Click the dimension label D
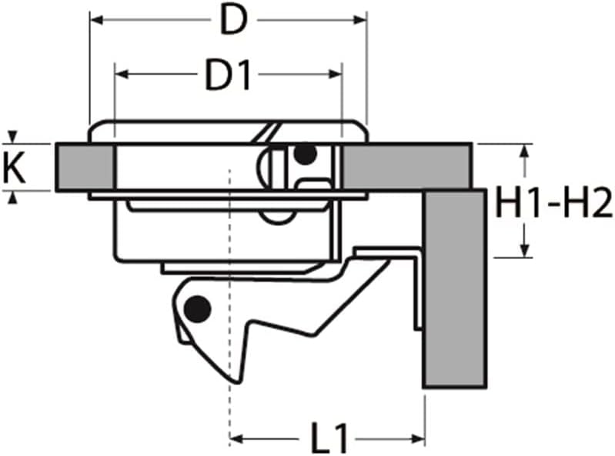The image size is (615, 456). click(x=234, y=20)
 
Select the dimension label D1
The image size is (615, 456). click(x=229, y=76)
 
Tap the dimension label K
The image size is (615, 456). click(x=14, y=168)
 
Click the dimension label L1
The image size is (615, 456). click(x=329, y=438)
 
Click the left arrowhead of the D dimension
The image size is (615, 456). click(x=96, y=19)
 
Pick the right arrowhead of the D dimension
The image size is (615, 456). click(x=359, y=19)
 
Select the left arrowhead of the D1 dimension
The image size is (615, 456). click(x=122, y=74)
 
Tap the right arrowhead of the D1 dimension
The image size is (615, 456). click(x=335, y=74)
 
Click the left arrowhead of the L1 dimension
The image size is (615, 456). click(x=236, y=439)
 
